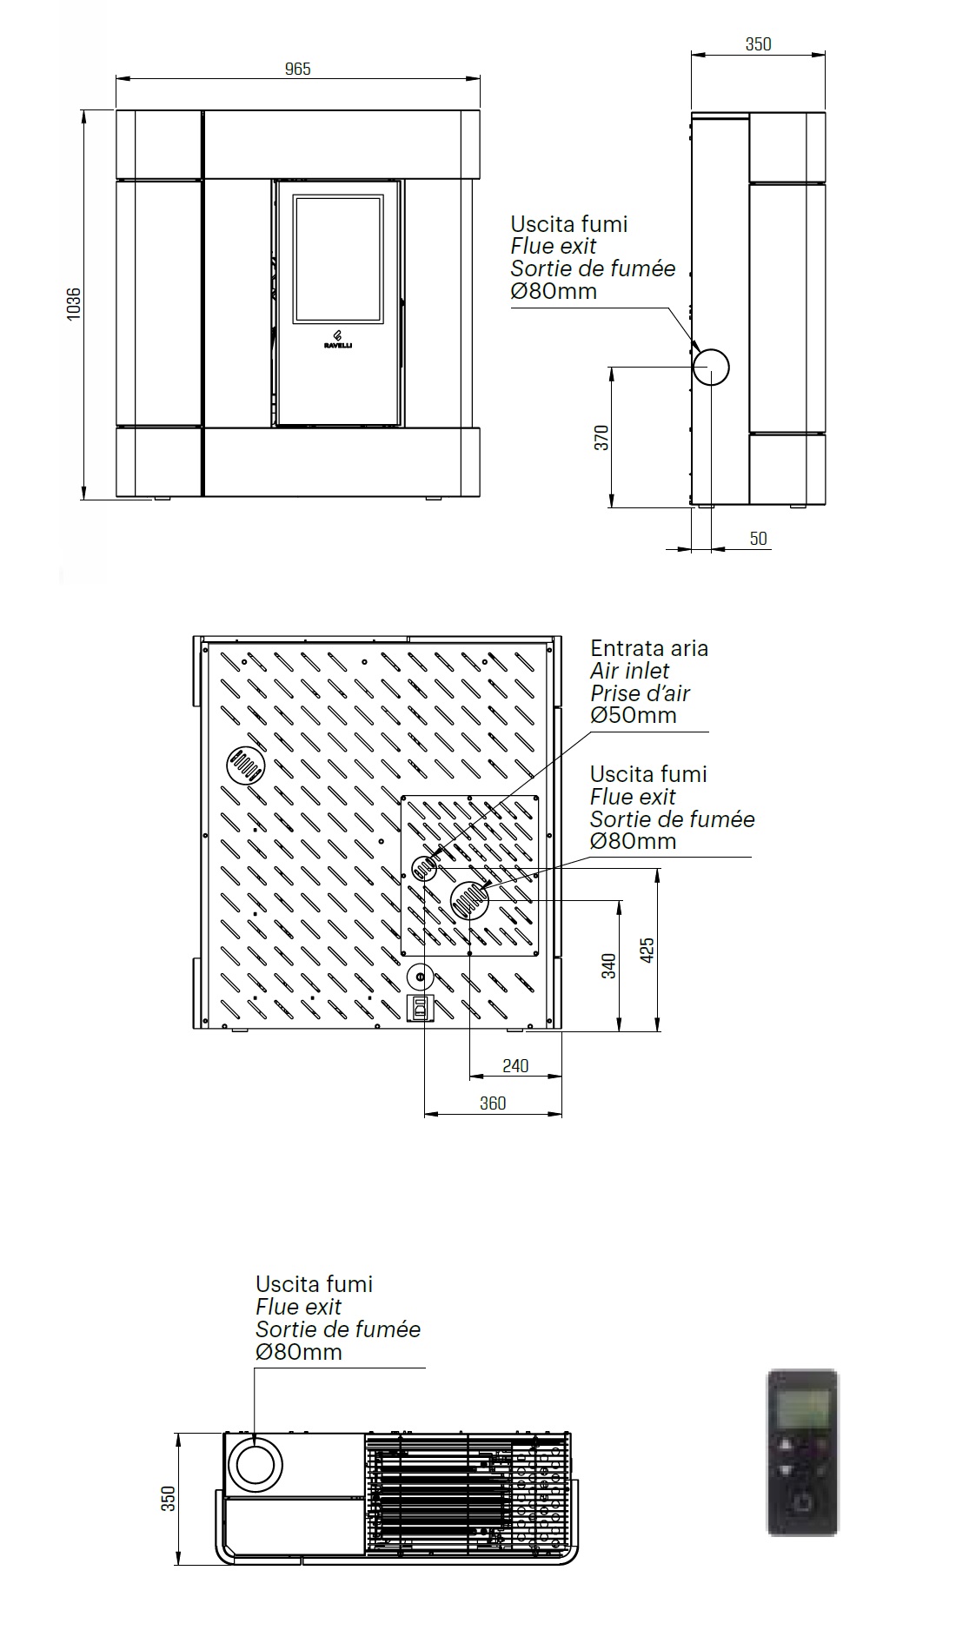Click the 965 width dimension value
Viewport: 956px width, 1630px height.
[x=297, y=69]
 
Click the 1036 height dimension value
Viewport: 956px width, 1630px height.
[x=74, y=303]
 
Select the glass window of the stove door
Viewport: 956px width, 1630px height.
[x=338, y=260]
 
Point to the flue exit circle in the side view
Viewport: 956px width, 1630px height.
[x=710, y=367]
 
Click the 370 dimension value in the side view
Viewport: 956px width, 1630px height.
[x=601, y=437]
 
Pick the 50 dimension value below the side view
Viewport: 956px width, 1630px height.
[x=758, y=539]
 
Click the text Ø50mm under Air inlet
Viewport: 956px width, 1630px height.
[x=633, y=715]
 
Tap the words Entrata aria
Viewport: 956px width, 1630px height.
[x=648, y=648]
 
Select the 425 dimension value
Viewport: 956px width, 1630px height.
[x=647, y=951]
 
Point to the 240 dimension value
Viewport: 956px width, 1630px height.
[x=515, y=1066]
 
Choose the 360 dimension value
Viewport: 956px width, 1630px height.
[x=492, y=1103]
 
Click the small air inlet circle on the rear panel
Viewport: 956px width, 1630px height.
[x=425, y=867]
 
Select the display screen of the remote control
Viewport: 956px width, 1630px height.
[x=802, y=1408]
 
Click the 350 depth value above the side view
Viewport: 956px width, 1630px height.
[x=758, y=44]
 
